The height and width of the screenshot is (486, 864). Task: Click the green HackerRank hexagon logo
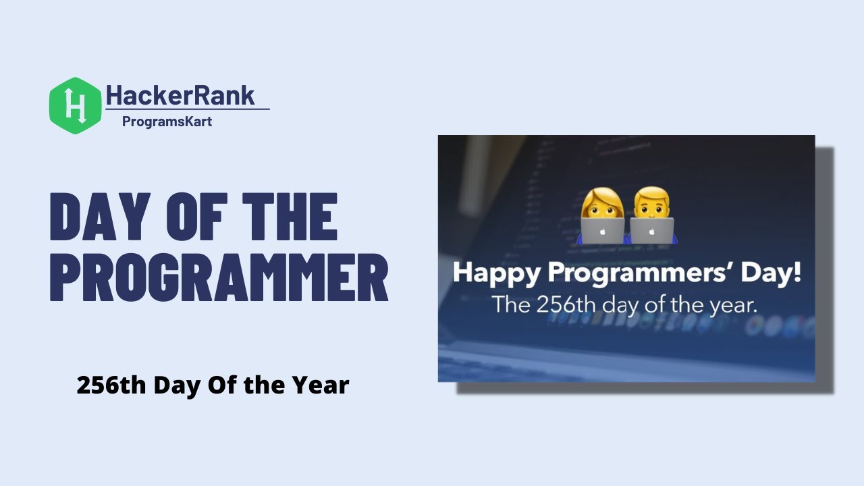tap(75, 105)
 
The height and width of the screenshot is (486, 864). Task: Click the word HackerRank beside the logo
tap(181, 95)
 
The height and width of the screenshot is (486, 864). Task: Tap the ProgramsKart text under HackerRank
tap(167, 122)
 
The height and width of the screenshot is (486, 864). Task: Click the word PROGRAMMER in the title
tap(219, 277)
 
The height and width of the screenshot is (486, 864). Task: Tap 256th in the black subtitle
tap(111, 385)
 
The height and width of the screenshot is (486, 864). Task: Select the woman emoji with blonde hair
tap(602, 215)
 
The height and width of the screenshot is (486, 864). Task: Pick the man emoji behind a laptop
tap(652, 215)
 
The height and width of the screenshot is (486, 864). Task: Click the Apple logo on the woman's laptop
tap(602, 231)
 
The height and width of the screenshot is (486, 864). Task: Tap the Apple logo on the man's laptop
tap(652, 231)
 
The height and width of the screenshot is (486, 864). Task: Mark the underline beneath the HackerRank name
tap(188, 109)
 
